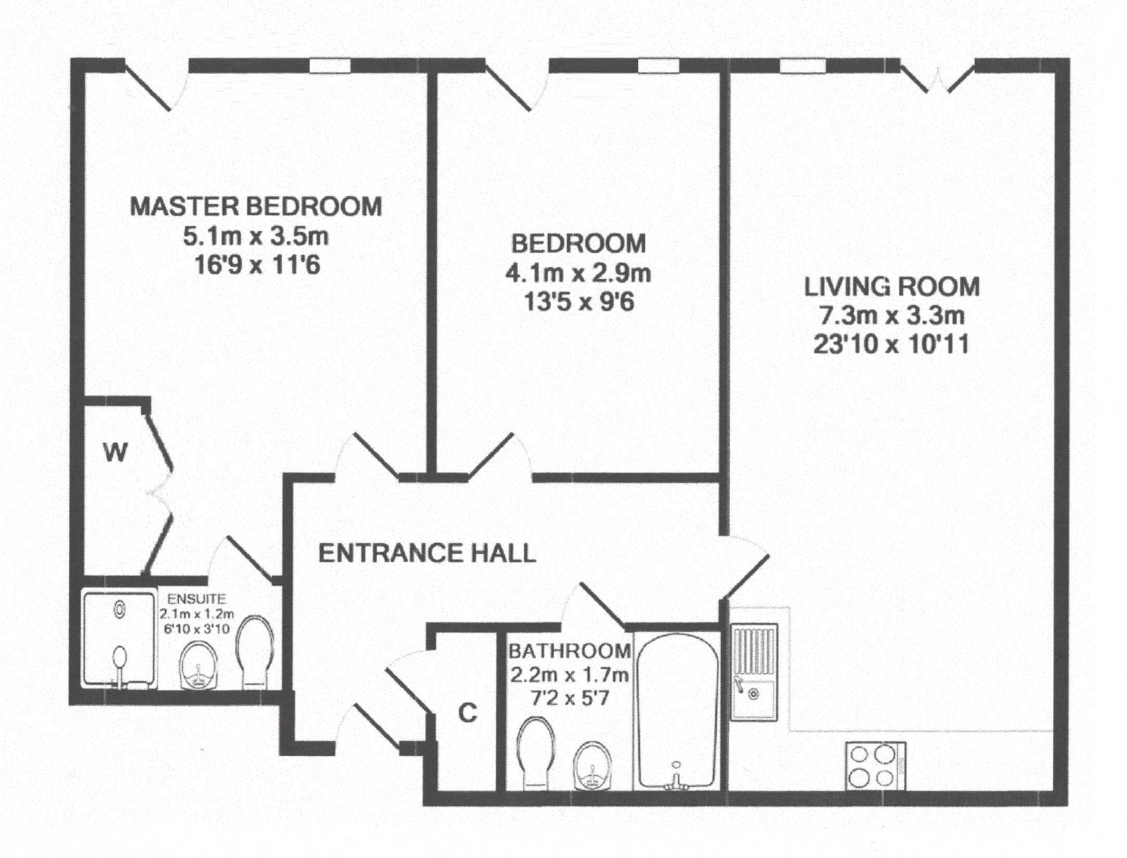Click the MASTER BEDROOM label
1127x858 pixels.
click(255, 206)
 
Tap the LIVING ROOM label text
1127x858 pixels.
click(892, 286)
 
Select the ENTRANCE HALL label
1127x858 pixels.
click(427, 553)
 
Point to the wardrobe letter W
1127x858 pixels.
click(115, 453)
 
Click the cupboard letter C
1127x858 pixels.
click(467, 713)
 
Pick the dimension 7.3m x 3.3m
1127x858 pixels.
click(892, 316)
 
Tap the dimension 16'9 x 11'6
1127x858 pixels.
click(257, 266)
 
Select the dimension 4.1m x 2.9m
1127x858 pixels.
click(578, 273)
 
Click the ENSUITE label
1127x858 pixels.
click(197, 599)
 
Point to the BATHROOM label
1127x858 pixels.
click(569, 651)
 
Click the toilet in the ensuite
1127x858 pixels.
click(254, 651)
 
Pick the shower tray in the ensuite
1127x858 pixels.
click(119, 640)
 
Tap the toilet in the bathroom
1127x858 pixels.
click(536, 754)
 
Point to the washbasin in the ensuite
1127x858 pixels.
click(199, 664)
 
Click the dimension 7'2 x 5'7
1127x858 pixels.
click(569, 698)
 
